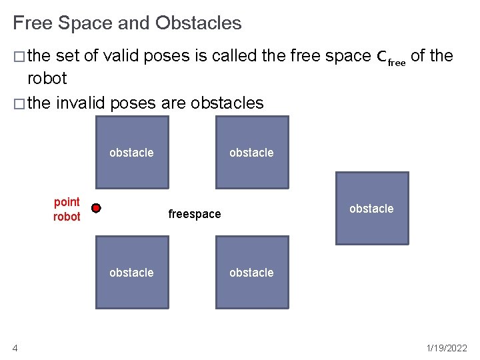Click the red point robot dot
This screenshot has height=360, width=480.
click(x=96, y=209)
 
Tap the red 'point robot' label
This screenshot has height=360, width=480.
click(x=67, y=209)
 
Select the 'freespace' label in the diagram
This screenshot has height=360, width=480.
click(x=195, y=214)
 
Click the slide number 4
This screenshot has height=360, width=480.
click(x=15, y=347)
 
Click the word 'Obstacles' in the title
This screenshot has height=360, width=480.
click(x=199, y=23)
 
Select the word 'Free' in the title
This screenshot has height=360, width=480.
click(x=33, y=23)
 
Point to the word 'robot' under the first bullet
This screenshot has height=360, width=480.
click(x=47, y=78)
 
